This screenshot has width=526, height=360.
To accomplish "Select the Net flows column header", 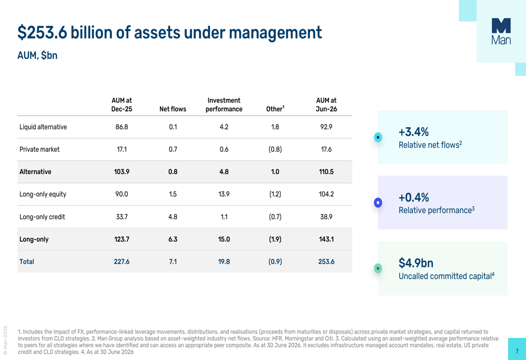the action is click(173, 109).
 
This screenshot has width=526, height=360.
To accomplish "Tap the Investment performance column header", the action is click(224, 105).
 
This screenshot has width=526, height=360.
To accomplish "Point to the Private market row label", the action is click(39, 149).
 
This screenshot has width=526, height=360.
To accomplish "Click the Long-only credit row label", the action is click(42, 217).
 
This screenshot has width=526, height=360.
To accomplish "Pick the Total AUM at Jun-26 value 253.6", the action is click(326, 261).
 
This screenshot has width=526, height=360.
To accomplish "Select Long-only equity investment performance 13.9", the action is click(224, 194).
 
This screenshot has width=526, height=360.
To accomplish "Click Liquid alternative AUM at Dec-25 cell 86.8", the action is click(122, 127).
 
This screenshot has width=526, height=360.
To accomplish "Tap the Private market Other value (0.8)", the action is click(275, 149).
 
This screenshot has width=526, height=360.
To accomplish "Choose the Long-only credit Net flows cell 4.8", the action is click(173, 217).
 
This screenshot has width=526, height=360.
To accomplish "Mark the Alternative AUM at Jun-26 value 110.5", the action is click(326, 172).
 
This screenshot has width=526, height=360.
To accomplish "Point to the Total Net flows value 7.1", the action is click(173, 261).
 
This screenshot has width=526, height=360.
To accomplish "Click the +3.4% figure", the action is click(413, 132).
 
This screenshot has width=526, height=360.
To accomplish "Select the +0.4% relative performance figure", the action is click(413, 198).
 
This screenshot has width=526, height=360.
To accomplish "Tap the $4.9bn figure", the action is click(416, 263).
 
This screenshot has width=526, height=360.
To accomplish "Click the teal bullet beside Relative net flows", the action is click(378, 137).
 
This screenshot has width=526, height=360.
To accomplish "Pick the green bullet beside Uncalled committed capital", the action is click(378, 268).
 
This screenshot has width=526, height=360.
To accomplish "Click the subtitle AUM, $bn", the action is click(37, 55).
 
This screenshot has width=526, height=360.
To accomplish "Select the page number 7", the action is click(517, 351).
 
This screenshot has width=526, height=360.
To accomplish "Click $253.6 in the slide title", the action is click(42, 33).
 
